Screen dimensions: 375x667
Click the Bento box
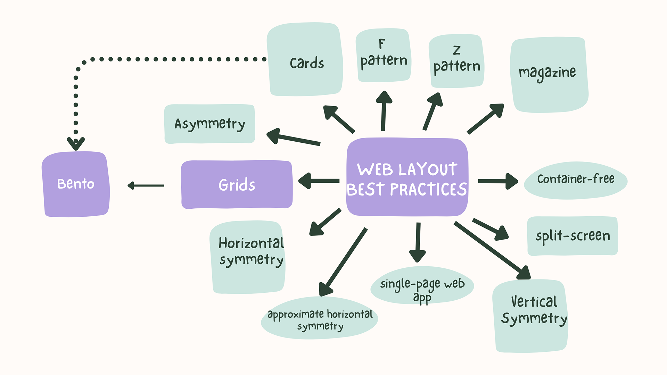[x=76, y=184]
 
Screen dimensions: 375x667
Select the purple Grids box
[x=237, y=184]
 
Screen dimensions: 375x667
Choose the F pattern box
[x=383, y=56]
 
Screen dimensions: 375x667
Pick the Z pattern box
[x=456, y=61]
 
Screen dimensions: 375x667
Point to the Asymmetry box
[x=209, y=124]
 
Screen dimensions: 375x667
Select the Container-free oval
[x=575, y=180]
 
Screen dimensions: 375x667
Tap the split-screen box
[x=573, y=236]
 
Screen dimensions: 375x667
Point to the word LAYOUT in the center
[x=428, y=170]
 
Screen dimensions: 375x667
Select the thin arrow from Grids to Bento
[x=146, y=186]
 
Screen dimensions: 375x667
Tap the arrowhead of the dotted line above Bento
[x=76, y=143]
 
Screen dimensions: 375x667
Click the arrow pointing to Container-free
[x=497, y=181]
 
